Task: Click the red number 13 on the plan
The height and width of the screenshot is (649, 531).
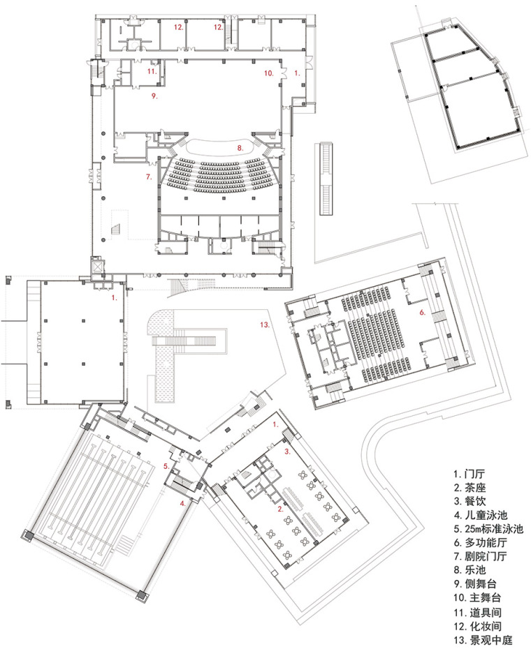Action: (x=265, y=324)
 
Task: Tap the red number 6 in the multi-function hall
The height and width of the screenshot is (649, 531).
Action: (x=422, y=312)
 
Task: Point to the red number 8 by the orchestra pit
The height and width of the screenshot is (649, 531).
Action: (x=240, y=148)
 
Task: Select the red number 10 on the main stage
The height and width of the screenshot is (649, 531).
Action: (x=268, y=73)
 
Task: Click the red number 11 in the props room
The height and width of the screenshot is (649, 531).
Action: (x=152, y=71)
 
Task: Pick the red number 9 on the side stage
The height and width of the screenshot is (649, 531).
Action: (x=154, y=96)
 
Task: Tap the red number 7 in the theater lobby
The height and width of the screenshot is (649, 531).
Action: (x=148, y=177)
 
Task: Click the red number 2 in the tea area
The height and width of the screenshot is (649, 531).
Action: (x=281, y=509)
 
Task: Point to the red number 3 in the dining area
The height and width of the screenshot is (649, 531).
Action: (x=287, y=452)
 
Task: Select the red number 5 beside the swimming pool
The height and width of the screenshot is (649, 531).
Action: (x=166, y=466)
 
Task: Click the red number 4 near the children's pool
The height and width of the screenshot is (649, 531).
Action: (x=182, y=503)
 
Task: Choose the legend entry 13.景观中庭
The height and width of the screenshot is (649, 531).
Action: (x=483, y=640)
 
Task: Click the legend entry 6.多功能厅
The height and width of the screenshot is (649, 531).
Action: (x=480, y=543)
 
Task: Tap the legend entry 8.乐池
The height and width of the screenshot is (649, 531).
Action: (x=470, y=570)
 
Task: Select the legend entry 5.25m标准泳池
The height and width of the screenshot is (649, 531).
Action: (x=488, y=529)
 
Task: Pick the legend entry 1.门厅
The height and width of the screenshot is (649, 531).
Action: (x=470, y=474)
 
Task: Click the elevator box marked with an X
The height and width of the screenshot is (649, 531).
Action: (x=97, y=266)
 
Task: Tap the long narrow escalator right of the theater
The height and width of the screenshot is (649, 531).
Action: (x=326, y=179)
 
